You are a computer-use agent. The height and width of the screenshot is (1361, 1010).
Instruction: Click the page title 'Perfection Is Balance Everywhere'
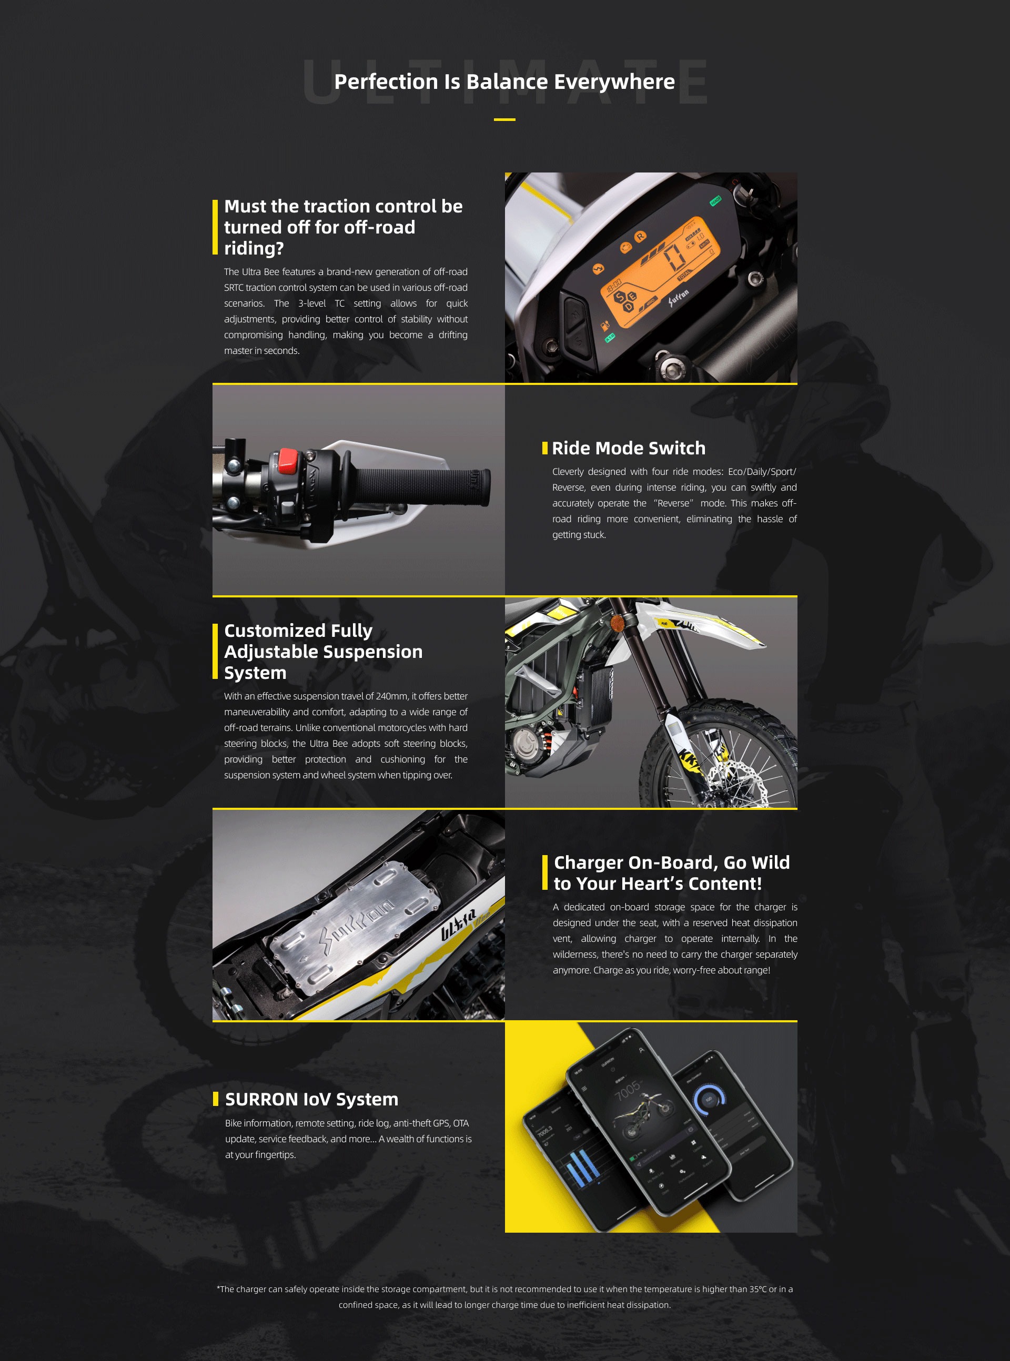(504, 82)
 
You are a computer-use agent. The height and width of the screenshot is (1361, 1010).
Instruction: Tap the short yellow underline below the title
(504, 120)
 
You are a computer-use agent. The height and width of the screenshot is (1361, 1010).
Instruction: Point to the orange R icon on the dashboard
(640, 237)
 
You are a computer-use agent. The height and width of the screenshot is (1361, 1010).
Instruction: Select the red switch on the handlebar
(287, 460)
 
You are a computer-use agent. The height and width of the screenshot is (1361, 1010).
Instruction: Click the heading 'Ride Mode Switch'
(628, 448)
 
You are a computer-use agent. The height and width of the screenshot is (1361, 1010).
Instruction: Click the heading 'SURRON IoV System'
(311, 1099)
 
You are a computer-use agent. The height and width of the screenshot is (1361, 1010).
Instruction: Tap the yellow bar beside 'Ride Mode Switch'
(544, 448)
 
